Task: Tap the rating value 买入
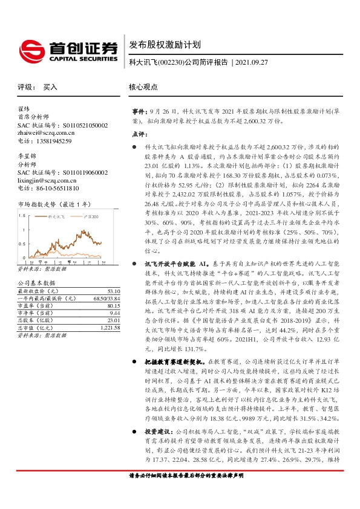pos(50,87)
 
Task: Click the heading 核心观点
pos(143,87)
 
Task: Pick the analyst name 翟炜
pos(24,109)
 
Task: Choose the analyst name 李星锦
pos(27,156)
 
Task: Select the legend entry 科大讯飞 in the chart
pos(57,216)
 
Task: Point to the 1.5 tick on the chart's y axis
pos(22,215)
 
